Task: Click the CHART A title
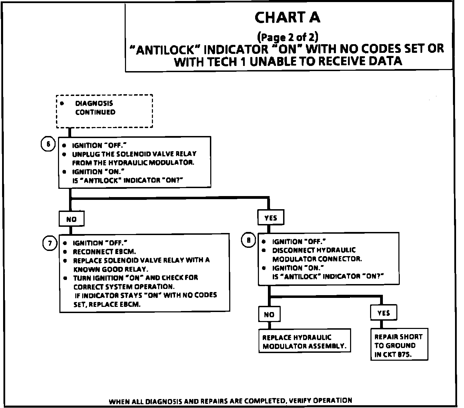coord(287,17)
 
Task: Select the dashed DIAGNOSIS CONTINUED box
coord(104,111)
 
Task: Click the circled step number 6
coord(48,144)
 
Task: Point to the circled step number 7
coord(50,244)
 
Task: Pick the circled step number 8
coord(248,240)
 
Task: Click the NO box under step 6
coord(71,219)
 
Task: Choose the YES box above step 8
coord(271,218)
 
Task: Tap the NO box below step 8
coord(269,314)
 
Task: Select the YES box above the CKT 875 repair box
coord(384,313)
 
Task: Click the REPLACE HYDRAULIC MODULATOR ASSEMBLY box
coord(304,341)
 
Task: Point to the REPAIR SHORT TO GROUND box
coord(399,345)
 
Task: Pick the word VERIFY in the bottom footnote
coord(301,401)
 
